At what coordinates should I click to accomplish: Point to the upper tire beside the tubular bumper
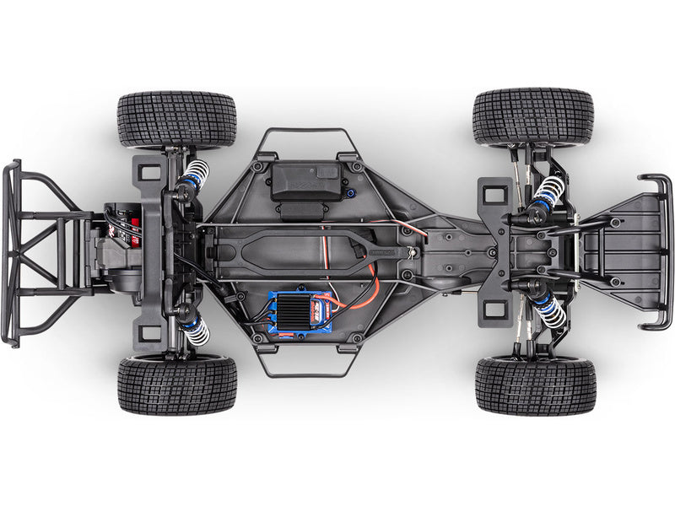click(x=176, y=120)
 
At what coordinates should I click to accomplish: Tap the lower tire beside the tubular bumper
click(x=177, y=385)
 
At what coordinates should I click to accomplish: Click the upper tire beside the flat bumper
click(x=533, y=116)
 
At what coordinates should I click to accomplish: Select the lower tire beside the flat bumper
click(x=535, y=385)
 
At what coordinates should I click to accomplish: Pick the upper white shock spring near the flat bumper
click(x=548, y=191)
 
